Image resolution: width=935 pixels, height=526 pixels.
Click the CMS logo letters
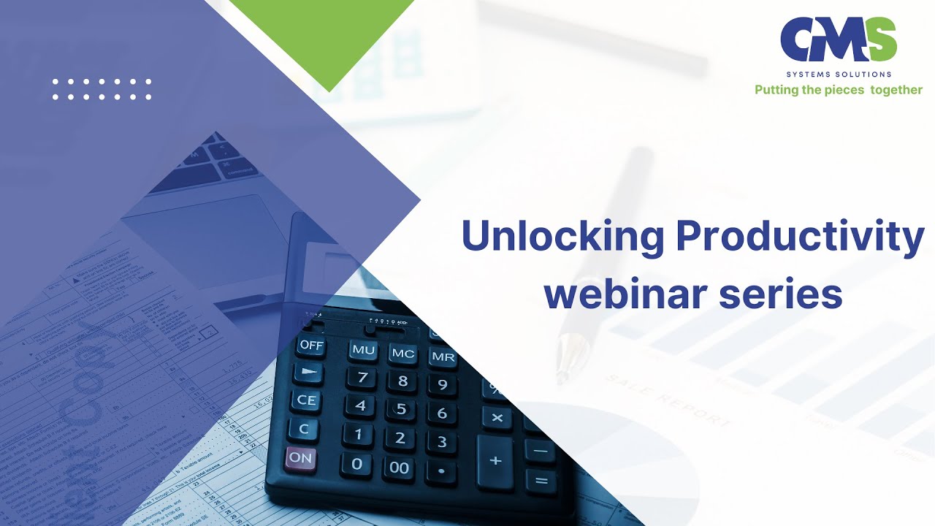point(838,40)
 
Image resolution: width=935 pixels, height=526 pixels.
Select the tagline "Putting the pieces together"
point(838,90)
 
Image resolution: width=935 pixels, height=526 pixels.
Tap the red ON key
point(300,459)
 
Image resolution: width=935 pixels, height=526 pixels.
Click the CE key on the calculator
point(306,400)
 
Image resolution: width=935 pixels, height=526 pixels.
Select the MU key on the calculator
point(363,350)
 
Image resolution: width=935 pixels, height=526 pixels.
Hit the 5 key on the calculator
point(401,409)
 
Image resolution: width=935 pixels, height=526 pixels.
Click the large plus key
point(496,462)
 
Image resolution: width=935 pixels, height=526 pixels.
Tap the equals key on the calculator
point(541,481)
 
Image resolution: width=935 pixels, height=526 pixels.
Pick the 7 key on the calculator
point(362,378)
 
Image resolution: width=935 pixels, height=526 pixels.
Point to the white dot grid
point(102,89)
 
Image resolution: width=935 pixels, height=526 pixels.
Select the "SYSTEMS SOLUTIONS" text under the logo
point(839,75)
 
